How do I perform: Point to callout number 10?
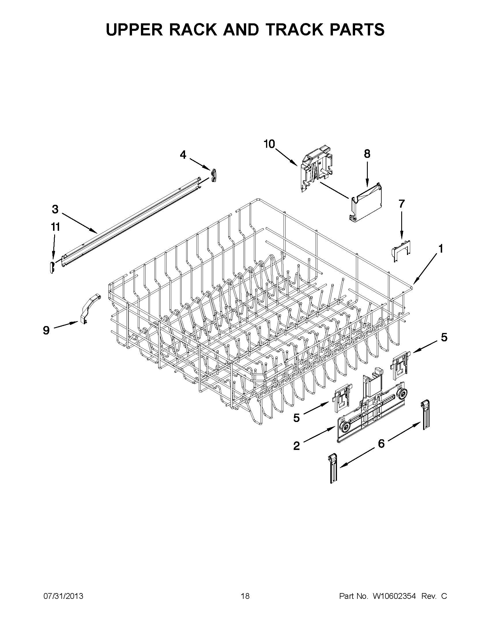point(269,144)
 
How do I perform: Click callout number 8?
point(367,154)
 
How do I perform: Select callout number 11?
point(55,227)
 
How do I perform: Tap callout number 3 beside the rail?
point(55,209)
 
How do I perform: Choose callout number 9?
point(46,330)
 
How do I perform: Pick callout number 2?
point(296,446)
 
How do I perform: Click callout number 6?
point(381,443)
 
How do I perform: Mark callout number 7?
point(402,204)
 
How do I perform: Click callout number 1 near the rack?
point(440,249)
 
